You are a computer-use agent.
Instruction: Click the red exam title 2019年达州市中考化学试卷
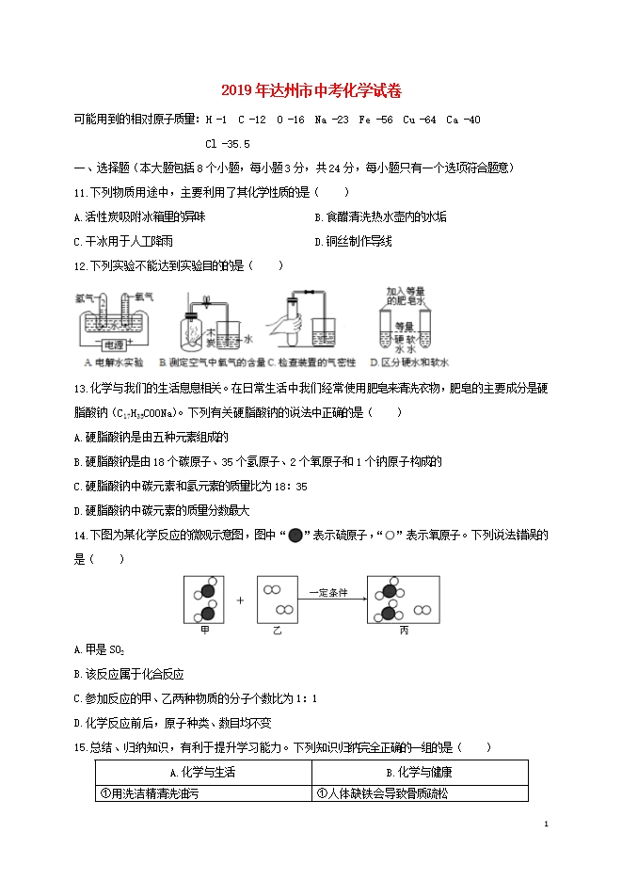point(311,91)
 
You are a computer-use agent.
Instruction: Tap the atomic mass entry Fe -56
point(374,120)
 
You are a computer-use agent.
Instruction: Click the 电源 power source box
point(117,344)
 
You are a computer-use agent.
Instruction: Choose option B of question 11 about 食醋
point(380,216)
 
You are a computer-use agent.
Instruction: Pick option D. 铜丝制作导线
point(353,241)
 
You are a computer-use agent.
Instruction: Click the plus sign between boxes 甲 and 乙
point(239,600)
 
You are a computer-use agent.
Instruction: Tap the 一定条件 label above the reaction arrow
point(329,592)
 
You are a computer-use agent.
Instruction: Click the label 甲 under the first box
point(206,631)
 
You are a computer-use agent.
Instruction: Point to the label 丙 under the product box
point(405,631)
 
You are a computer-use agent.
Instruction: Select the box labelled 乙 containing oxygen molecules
point(278,599)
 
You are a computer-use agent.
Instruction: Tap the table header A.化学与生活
point(202,772)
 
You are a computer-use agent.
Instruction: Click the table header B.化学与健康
point(419,772)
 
